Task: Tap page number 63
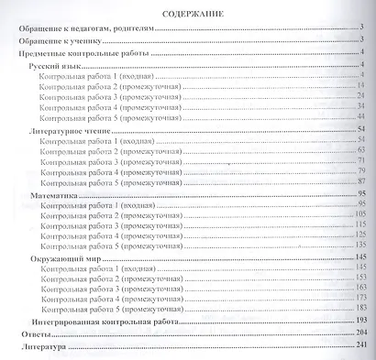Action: pyautogui.click(x=361, y=150)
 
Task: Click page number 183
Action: pyautogui.click(x=359, y=309)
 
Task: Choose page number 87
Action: pyautogui.click(x=361, y=182)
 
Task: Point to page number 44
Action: pyautogui.click(x=361, y=118)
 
